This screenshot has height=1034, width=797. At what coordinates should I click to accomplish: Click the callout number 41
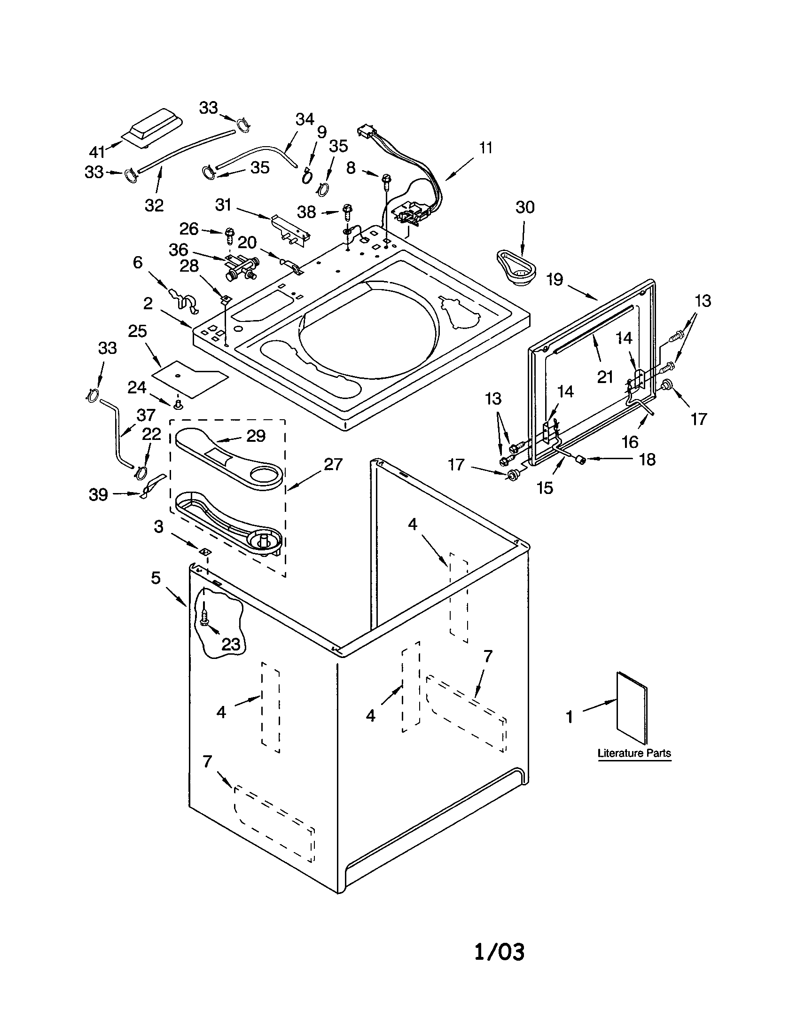97,152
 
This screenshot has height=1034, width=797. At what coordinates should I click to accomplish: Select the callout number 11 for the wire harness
485,148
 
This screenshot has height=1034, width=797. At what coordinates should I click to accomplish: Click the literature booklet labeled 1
632,706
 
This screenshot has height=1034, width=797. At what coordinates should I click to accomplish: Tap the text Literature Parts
634,753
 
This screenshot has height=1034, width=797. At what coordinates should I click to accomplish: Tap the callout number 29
256,436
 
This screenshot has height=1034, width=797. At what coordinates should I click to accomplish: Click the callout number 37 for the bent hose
146,415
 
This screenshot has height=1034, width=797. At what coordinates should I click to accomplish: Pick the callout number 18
648,459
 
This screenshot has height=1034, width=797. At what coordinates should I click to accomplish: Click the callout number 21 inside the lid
605,377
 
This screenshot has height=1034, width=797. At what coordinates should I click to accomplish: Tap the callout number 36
179,250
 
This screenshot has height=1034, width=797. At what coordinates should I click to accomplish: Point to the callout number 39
98,494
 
